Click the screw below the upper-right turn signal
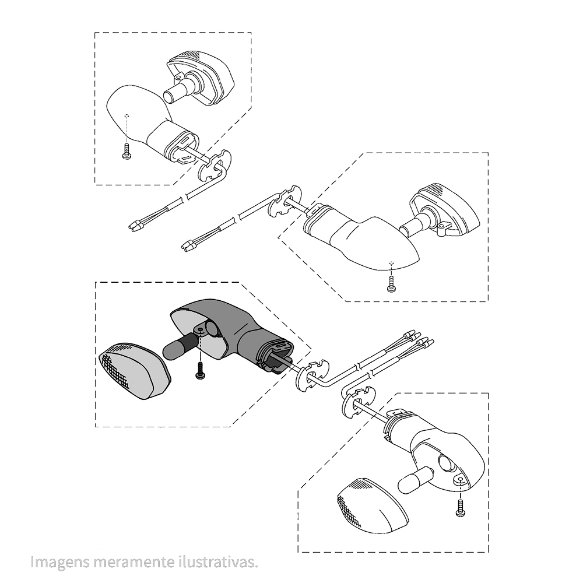(391, 284)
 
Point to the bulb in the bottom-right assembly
(415, 481)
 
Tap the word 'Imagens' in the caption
(60, 562)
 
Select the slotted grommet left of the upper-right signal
(285, 199)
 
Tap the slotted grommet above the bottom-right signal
(359, 402)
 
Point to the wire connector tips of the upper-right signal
(188, 246)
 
